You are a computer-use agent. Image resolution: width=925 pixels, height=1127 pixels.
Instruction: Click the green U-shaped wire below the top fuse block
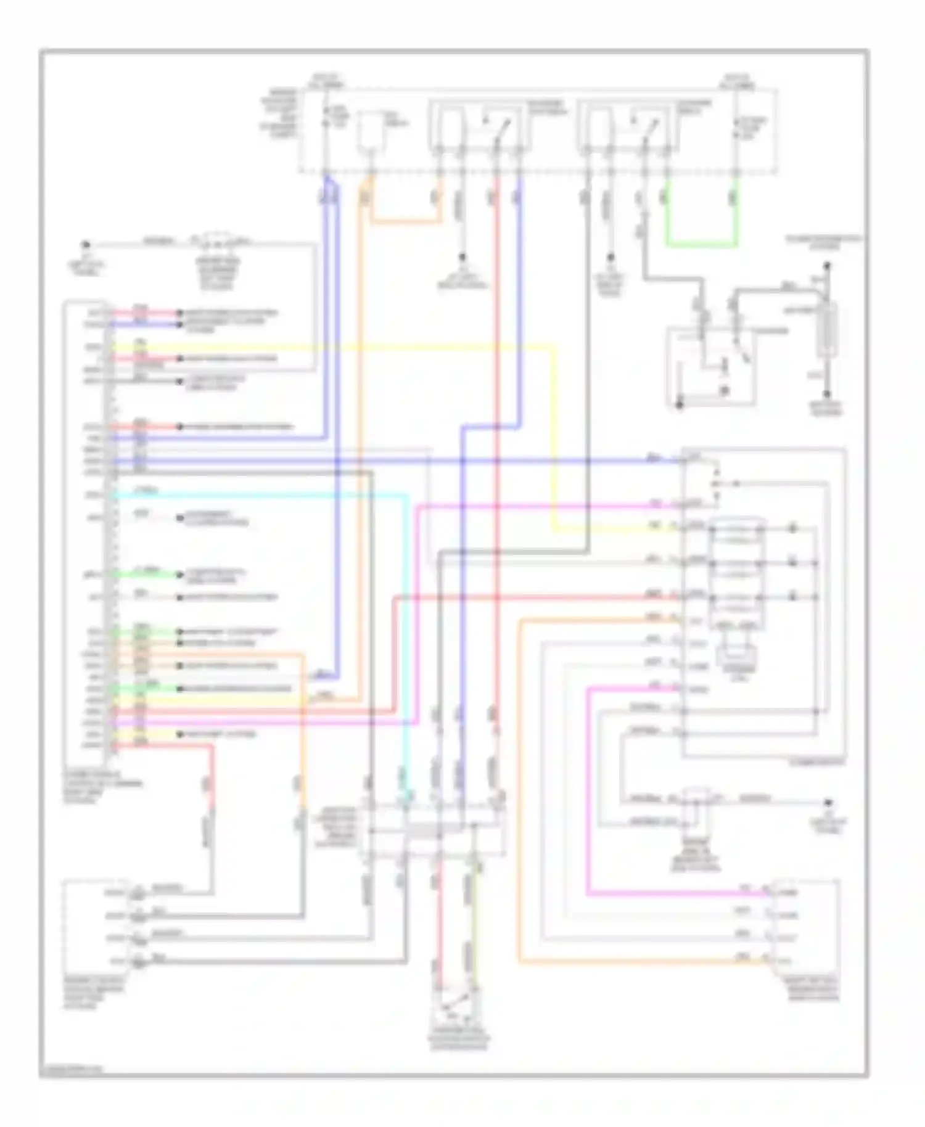pos(701,245)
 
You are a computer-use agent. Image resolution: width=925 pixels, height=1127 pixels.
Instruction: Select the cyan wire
pos(259,494)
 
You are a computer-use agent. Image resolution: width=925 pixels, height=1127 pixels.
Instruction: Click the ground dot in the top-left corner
pos(87,245)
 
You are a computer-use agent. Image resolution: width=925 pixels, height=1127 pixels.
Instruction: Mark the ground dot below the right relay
pos(610,258)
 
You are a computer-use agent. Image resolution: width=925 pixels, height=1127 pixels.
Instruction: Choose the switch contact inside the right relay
pos(649,128)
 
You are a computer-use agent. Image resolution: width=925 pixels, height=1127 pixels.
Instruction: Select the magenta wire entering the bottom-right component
pos(678,893)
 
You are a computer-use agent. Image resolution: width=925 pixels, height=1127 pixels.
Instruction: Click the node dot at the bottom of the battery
pos(828,394)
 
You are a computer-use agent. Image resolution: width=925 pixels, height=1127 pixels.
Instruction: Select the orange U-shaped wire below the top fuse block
pos(404,220)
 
